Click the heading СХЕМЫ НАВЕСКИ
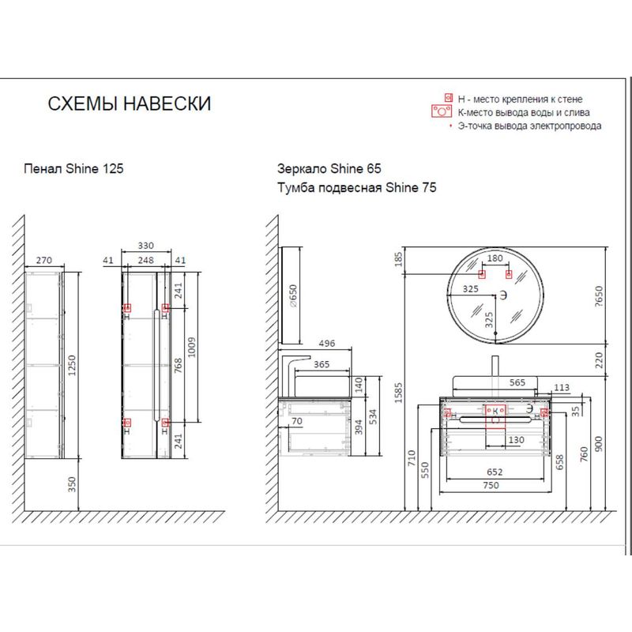(x=130, y=103)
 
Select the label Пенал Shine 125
(x=73, y=168)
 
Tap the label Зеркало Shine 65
(x=329, y=168)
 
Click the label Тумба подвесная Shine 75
(x=357, y=187)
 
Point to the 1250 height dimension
(x=72, y=365)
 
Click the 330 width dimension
(x=146, y=246)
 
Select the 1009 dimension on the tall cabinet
(x=191, y=348)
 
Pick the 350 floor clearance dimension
(x=72, y=484)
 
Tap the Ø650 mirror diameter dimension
(x=293, y=296)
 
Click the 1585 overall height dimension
(x=398, y=393)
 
